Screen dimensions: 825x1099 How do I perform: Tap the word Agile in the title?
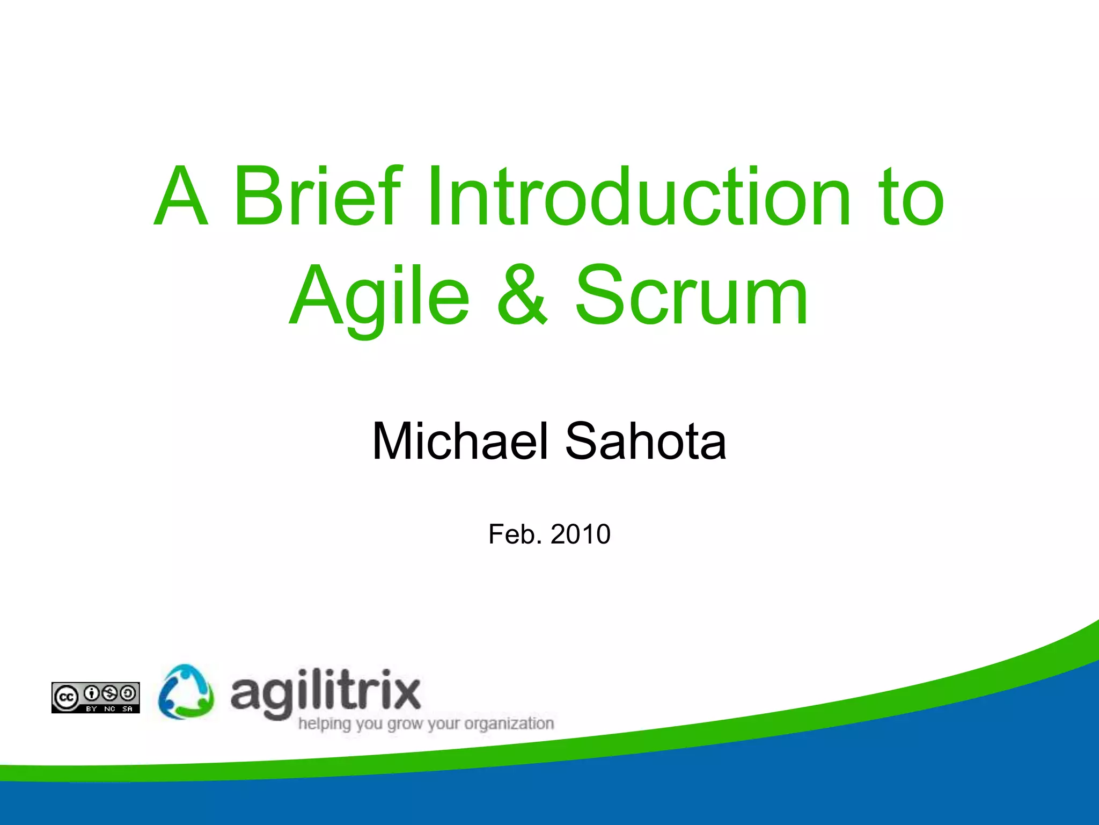click(x=380, y=296)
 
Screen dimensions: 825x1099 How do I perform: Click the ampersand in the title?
click(x=522, y=296)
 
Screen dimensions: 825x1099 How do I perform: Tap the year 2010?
click(x=580, y=534)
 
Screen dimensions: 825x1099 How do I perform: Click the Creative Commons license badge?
click(x=96, y=698)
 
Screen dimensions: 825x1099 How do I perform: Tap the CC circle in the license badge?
click(x=65, y=697)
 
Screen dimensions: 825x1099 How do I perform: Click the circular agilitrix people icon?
click(x=186, y=692)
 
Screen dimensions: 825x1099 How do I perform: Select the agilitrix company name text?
click(x=325, y=692)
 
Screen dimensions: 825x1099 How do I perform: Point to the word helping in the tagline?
click(x=325, y=724)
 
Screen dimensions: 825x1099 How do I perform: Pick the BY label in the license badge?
click(x=92, y=709)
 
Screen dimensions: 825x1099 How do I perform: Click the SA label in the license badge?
click(x=127, y=709)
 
